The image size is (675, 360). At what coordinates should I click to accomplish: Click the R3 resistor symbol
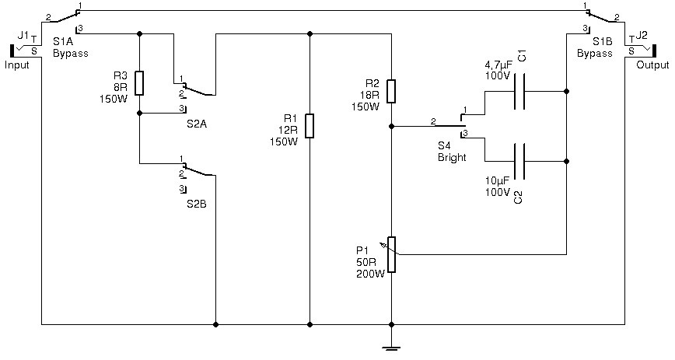tap(139, 83)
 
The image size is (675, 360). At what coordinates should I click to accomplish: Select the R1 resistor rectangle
tap(310, 126)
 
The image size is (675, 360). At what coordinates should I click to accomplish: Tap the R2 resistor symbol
tap(391, 91)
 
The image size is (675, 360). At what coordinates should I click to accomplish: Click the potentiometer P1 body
tap(391, 254)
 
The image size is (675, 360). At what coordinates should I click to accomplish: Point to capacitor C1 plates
tap(520, 91)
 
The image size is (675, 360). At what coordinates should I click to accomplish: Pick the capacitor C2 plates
tap(520, 161)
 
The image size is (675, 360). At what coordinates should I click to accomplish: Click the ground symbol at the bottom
tap(391, 345)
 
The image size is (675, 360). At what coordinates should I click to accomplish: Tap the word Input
tap(17, 65)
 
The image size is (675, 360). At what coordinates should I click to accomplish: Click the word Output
tap(652, 65)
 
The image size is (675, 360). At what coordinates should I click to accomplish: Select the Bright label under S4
tap(452, 158)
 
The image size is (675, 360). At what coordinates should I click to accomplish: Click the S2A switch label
tap(197, 124)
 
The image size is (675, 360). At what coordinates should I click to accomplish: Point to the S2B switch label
tap(197, 204)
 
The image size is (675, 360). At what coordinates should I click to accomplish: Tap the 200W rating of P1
tap(370, 274)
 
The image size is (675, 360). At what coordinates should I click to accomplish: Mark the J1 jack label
tap(23, 35)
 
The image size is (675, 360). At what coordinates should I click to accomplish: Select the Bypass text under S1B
tap(594, 54)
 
